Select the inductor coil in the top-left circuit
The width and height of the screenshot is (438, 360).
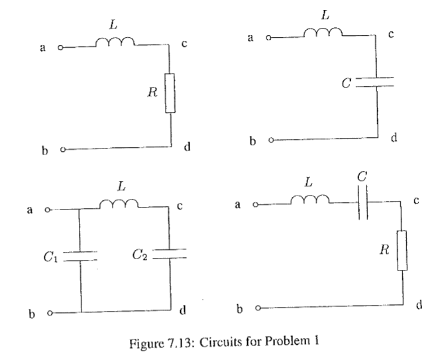(115, 43)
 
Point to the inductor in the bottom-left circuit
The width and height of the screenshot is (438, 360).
(120, 206)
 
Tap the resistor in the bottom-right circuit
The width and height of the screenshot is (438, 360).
(402, 250)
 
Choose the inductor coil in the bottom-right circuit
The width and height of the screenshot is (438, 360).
(307, 199)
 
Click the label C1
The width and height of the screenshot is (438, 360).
(50, 256)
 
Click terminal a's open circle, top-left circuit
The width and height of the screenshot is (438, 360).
(61, 48)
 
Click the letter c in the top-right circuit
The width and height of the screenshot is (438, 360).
(392, 36)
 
